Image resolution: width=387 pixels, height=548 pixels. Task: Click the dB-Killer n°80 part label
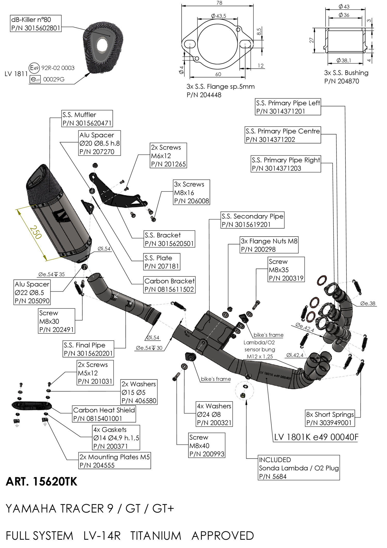36,24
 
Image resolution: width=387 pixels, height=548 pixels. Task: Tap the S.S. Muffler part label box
87,119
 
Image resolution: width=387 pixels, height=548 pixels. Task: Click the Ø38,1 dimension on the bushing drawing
344,60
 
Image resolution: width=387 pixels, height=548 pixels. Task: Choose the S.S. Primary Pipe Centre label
283,135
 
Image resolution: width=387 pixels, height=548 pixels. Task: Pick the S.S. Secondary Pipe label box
252,220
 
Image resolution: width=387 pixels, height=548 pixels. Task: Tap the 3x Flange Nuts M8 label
269,245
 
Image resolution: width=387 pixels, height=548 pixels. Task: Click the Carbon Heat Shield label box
104,414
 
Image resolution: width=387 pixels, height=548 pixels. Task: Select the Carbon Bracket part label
169,285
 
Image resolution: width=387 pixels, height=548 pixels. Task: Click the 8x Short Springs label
330,418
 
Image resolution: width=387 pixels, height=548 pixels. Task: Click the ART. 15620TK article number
42,482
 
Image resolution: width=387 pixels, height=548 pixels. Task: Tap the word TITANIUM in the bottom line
156,536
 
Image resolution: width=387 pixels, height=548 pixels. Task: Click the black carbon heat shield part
31,405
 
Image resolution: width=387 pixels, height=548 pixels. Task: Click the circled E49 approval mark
34,68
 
